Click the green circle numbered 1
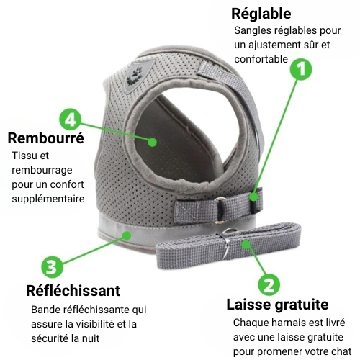click(301, 69)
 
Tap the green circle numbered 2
click(269, 285)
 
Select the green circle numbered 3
click(52, 266)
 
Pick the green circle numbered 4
click(71, 120)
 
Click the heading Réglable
click(261, 14)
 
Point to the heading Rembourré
click(46, 138)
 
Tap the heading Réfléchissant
click(73, 291)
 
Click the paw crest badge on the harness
click(138, 76)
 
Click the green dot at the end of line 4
click(152, 142)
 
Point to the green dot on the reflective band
click(127, 235)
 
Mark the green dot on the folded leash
click(246, 244)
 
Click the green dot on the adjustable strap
click(253, 197)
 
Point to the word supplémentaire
click(48, 199)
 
